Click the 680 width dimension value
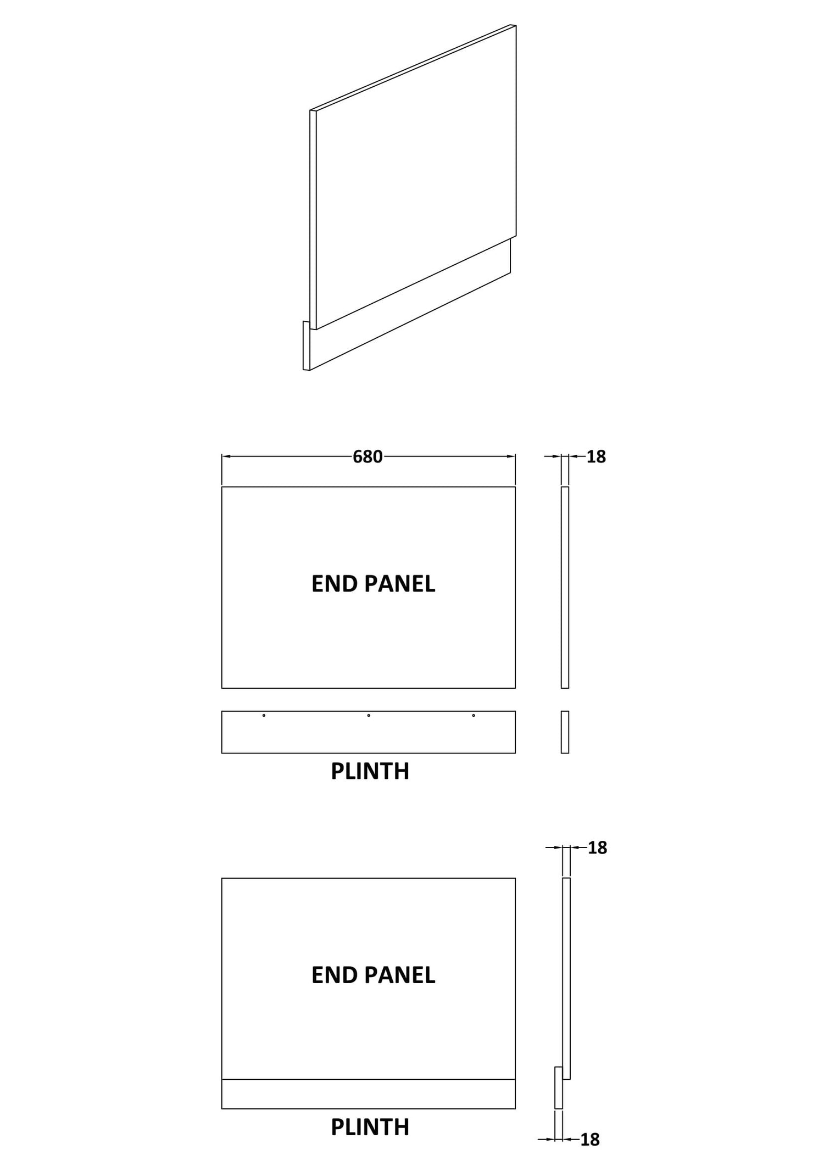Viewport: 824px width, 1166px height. coord(368,456)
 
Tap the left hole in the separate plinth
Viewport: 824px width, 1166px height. coord(264,715)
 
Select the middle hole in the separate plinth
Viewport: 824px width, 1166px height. coord(369,715)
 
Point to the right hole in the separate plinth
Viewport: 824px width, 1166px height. coord(474,715)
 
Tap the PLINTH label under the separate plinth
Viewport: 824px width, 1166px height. coord(370,771)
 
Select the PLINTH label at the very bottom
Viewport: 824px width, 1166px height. coord(370,1127)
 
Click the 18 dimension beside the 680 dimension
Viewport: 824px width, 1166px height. coord(596,456)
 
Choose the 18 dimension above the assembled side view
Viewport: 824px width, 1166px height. coord(597,847)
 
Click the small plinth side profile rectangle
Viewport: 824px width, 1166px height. coord(565,732)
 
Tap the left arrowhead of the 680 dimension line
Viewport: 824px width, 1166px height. coord(226,456)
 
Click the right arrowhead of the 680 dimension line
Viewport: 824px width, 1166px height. coord(511,456)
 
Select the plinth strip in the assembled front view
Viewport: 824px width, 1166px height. coord(369,1094)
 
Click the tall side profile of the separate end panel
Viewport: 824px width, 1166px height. coord(565,587)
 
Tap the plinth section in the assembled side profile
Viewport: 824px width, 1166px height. coord(559,1088)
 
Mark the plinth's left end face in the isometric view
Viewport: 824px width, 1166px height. coord(306,346)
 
